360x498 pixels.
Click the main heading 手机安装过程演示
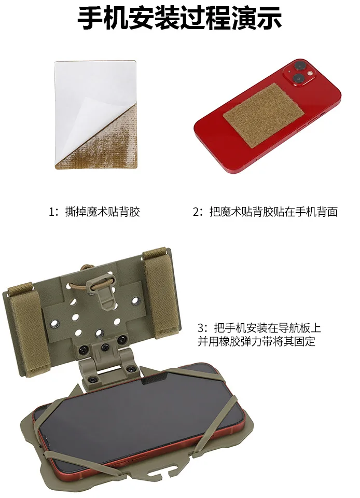[179, 18]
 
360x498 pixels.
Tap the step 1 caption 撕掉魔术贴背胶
[103, 212]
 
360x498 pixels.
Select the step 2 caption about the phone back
[273, 212]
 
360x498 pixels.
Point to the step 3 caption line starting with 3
[259, 327]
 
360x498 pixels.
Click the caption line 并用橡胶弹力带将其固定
[256, 341]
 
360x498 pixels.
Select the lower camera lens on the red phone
[298, 78]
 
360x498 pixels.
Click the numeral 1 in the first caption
[51, 212]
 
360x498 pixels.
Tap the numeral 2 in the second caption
[197, 212]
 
